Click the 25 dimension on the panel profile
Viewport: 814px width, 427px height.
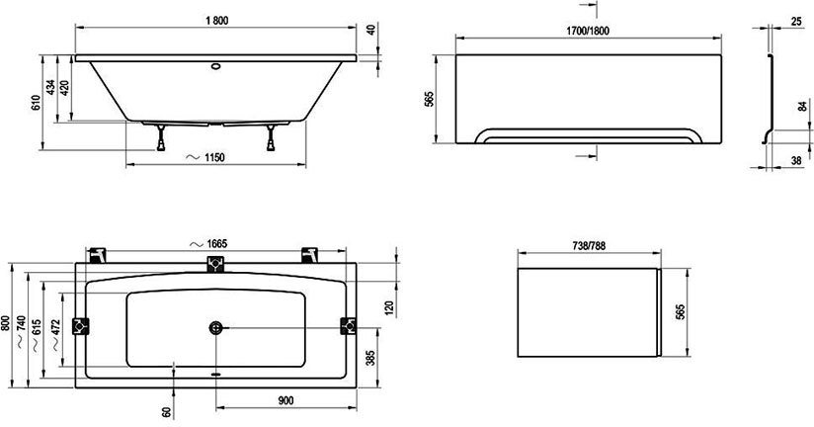(796, 22)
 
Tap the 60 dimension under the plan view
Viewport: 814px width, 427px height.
(167, 408)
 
